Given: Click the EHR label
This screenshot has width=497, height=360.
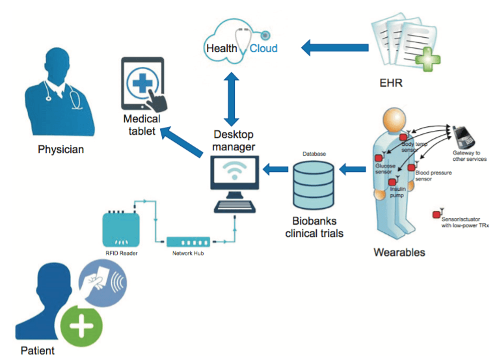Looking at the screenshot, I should pos(392,83).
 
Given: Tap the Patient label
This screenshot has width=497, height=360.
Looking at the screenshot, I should pos(37,351).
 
